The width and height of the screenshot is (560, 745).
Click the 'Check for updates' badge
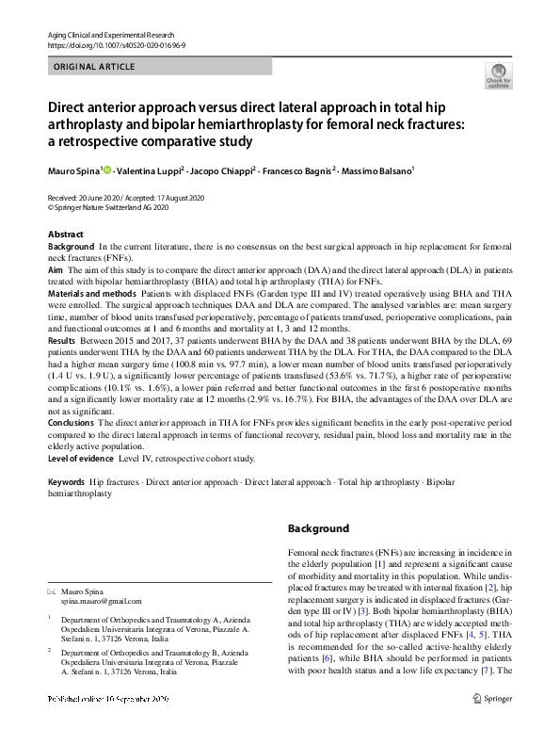click(498, 75)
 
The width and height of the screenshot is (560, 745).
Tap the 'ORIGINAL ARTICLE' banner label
click(95, 67)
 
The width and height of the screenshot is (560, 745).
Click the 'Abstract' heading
click(65, 233)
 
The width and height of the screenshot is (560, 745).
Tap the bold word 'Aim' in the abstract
click(56, 268)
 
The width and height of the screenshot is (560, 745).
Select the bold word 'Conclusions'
click(71, 424)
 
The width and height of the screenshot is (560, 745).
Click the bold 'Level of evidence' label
click(80, 458)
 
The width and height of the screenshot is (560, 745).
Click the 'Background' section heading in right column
click(318, 528)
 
